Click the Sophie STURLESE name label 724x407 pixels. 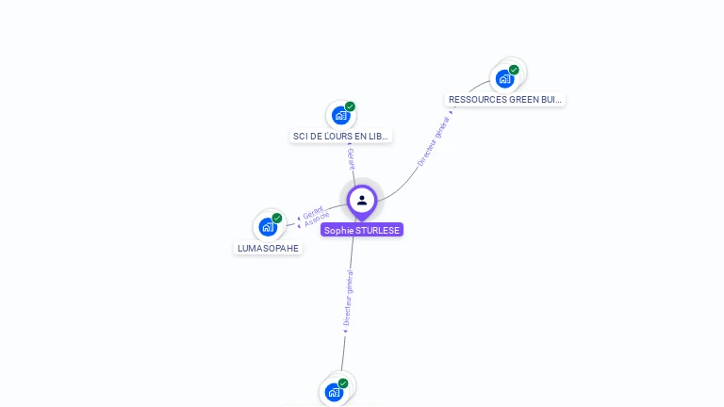point(362,230)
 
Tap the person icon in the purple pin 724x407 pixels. point(362,200)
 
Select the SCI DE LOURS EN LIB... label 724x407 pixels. point(340,137)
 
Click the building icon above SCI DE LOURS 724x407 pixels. point(340,116)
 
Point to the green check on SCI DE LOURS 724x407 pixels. point(350,106)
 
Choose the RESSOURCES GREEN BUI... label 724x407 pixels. point(505,99)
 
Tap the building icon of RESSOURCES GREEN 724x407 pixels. point(505,78)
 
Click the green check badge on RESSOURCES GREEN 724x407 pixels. point(514,70)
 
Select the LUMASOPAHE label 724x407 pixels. point(269,249)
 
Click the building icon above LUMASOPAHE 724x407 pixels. point(268,227)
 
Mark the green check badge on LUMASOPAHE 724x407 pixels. point(277,218)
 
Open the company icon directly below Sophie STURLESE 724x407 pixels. point(334,392)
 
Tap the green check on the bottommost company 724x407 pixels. point(343,383)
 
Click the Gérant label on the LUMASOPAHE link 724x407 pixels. point(314,213)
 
